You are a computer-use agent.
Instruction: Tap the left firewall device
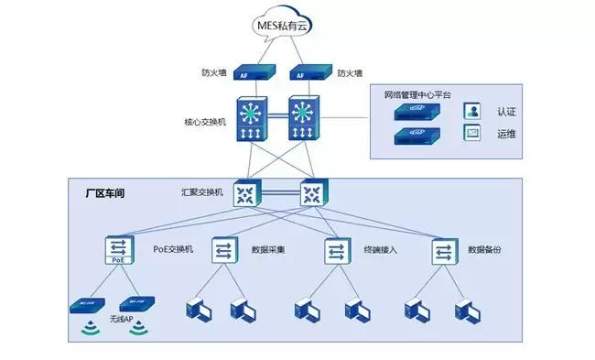click(x=244, y=73)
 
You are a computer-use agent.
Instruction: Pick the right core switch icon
click(x=304, y=119)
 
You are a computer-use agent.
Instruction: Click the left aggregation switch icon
click(x=245, y=192)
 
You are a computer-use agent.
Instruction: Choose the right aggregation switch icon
click(x=312, y=192)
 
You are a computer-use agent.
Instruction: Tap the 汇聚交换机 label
click(x=202, y=192)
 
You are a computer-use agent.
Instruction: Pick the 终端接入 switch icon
click(x=336, y=251)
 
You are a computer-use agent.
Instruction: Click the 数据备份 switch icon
click(x=444, y=251)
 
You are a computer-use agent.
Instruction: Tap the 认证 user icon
click(x=472, y=112)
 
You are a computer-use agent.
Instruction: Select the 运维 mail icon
click(x=472, y=134)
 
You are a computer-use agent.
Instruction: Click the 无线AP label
click(x=123, y=320)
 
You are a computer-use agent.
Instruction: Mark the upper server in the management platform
click(x=420, y=113)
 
